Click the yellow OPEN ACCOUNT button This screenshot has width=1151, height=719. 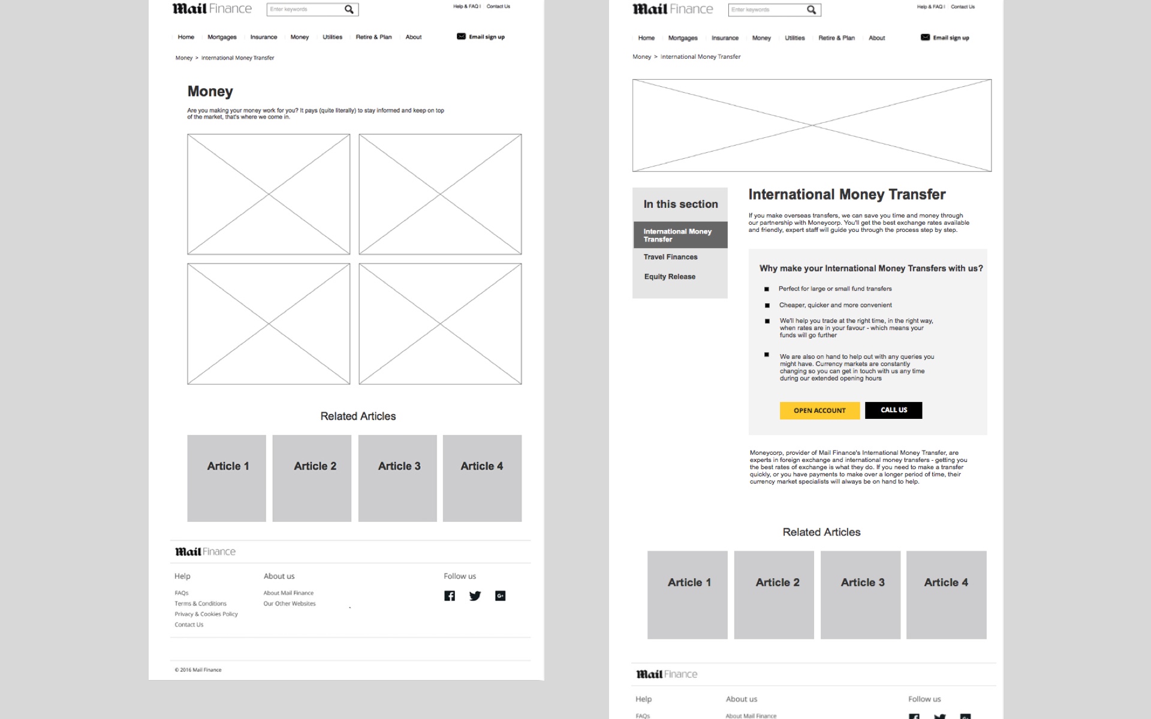pos(819,410)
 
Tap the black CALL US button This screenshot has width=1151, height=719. pos(893,410)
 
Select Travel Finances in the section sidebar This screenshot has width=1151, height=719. pos(670,257)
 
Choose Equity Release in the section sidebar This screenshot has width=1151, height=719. pos(670,277)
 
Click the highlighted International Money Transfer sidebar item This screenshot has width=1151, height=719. pos(680,235)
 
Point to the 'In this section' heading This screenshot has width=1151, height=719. pos(680,204)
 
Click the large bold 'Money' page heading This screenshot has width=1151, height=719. pos(210,91)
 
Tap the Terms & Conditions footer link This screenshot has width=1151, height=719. pos(200,603)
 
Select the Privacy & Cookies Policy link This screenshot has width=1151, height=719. pos(206,614)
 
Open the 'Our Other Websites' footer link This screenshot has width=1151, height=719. pos(290,603)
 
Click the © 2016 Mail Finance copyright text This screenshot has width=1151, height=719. pos(198,670)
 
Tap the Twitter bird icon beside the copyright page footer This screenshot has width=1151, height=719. pos(475,596)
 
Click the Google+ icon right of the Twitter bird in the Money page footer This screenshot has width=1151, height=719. pos(500,596)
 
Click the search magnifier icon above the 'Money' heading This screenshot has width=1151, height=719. pos(349,10)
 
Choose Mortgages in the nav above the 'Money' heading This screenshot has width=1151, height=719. pos(222,37)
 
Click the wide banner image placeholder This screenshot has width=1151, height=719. pos(812,125)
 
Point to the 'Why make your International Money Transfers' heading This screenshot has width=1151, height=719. pos(870,268)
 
